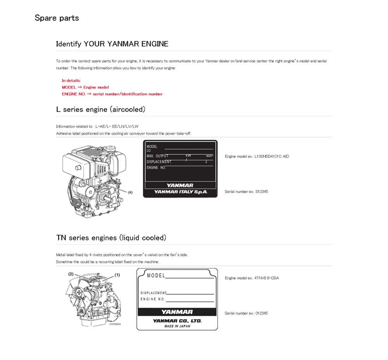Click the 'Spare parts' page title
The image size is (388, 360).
pos(57,18)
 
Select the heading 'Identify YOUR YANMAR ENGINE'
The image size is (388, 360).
pos(112,44)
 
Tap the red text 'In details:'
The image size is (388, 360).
pos(71,81)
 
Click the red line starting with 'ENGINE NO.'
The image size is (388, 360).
pos(112,94)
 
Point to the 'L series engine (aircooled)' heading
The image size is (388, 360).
pos(100,110)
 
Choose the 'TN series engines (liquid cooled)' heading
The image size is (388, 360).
pos(111,238)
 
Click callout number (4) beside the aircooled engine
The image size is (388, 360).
pos(130,192)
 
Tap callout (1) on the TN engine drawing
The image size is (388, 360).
pos(117,275)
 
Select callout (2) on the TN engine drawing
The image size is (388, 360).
pos(71,274)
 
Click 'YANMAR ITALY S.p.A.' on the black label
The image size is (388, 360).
pos(180,192)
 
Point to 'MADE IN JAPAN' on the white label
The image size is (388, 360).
pos(177,326)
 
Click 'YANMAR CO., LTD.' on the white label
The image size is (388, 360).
pos(177,321)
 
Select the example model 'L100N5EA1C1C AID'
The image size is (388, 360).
pos(272,157)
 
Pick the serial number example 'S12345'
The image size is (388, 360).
pos(262,192)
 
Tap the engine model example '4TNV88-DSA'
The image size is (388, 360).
pos(267,278)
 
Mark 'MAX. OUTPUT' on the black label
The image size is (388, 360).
pos(158,156)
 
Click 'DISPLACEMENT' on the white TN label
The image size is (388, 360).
pos(153,293)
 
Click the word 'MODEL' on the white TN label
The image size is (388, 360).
pos(156,276)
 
